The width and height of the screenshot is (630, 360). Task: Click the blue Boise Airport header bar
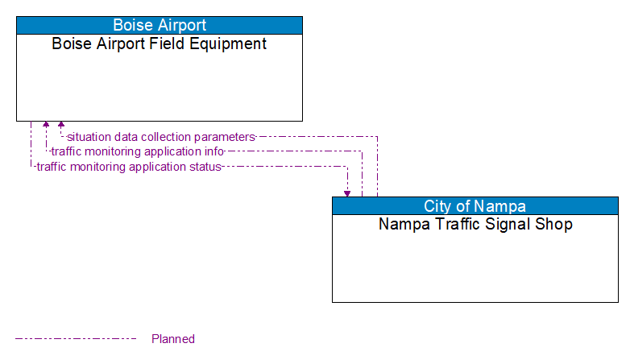pyautogui.click(x=160, y=25)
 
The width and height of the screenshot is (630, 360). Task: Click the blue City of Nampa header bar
pyautogui.click(x=475, y=205)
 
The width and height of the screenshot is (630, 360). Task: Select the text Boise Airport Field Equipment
pyautogui.click(x=160, y=44)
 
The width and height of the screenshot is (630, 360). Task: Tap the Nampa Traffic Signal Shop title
pyautogui.click(x=475, y=225)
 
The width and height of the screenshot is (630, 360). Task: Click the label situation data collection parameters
pyautogui.click(x=160, y=137)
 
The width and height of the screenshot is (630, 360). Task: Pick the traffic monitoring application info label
pyautogui.click(x=137, y=151)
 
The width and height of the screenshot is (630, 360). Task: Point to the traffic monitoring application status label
pyautogui.click(x=128, y=167)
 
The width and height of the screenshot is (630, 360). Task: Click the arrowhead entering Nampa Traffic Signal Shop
pyautogui.click(x=347, y=192)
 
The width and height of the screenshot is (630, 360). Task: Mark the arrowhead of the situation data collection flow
pyautogui.click(x=61, y=126)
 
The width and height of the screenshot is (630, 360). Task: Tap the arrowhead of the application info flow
pyautogui.click(x=46, y=126)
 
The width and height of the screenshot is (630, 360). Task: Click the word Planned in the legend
pyautogui.click(x=173, y=339)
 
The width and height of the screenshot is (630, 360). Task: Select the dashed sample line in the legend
pyautogui.click(x=76, y=339)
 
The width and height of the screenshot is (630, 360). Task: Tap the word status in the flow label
pyautogui.click(x=204, y=167)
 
